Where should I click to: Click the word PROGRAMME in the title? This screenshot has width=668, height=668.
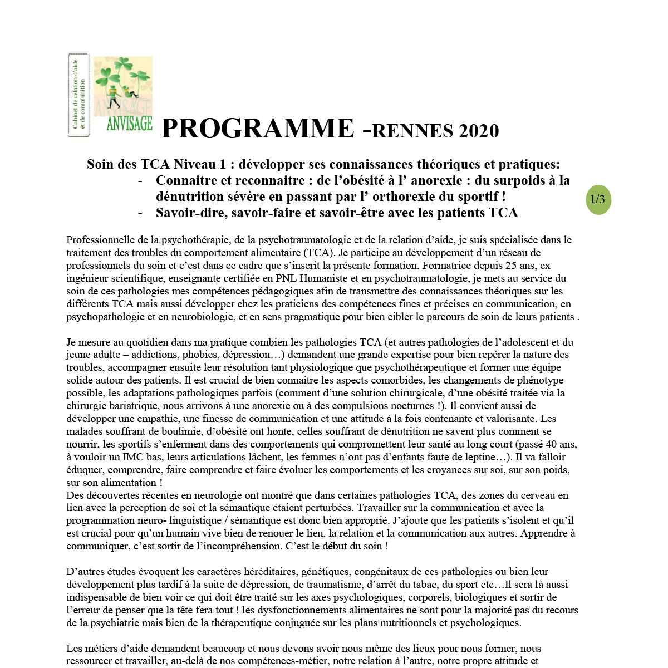pyautogui.click(x=257, y=129)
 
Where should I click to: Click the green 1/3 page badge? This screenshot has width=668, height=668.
pyautogui.click(x=598, y=200)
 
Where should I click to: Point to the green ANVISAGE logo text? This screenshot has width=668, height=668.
pyautogui.click(x=129, y=124)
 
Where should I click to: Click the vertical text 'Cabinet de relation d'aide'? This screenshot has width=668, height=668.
pyautogui.click(x=75, y=94)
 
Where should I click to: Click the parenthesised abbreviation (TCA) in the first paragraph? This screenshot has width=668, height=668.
pyautogui.click(x=318, y=253)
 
